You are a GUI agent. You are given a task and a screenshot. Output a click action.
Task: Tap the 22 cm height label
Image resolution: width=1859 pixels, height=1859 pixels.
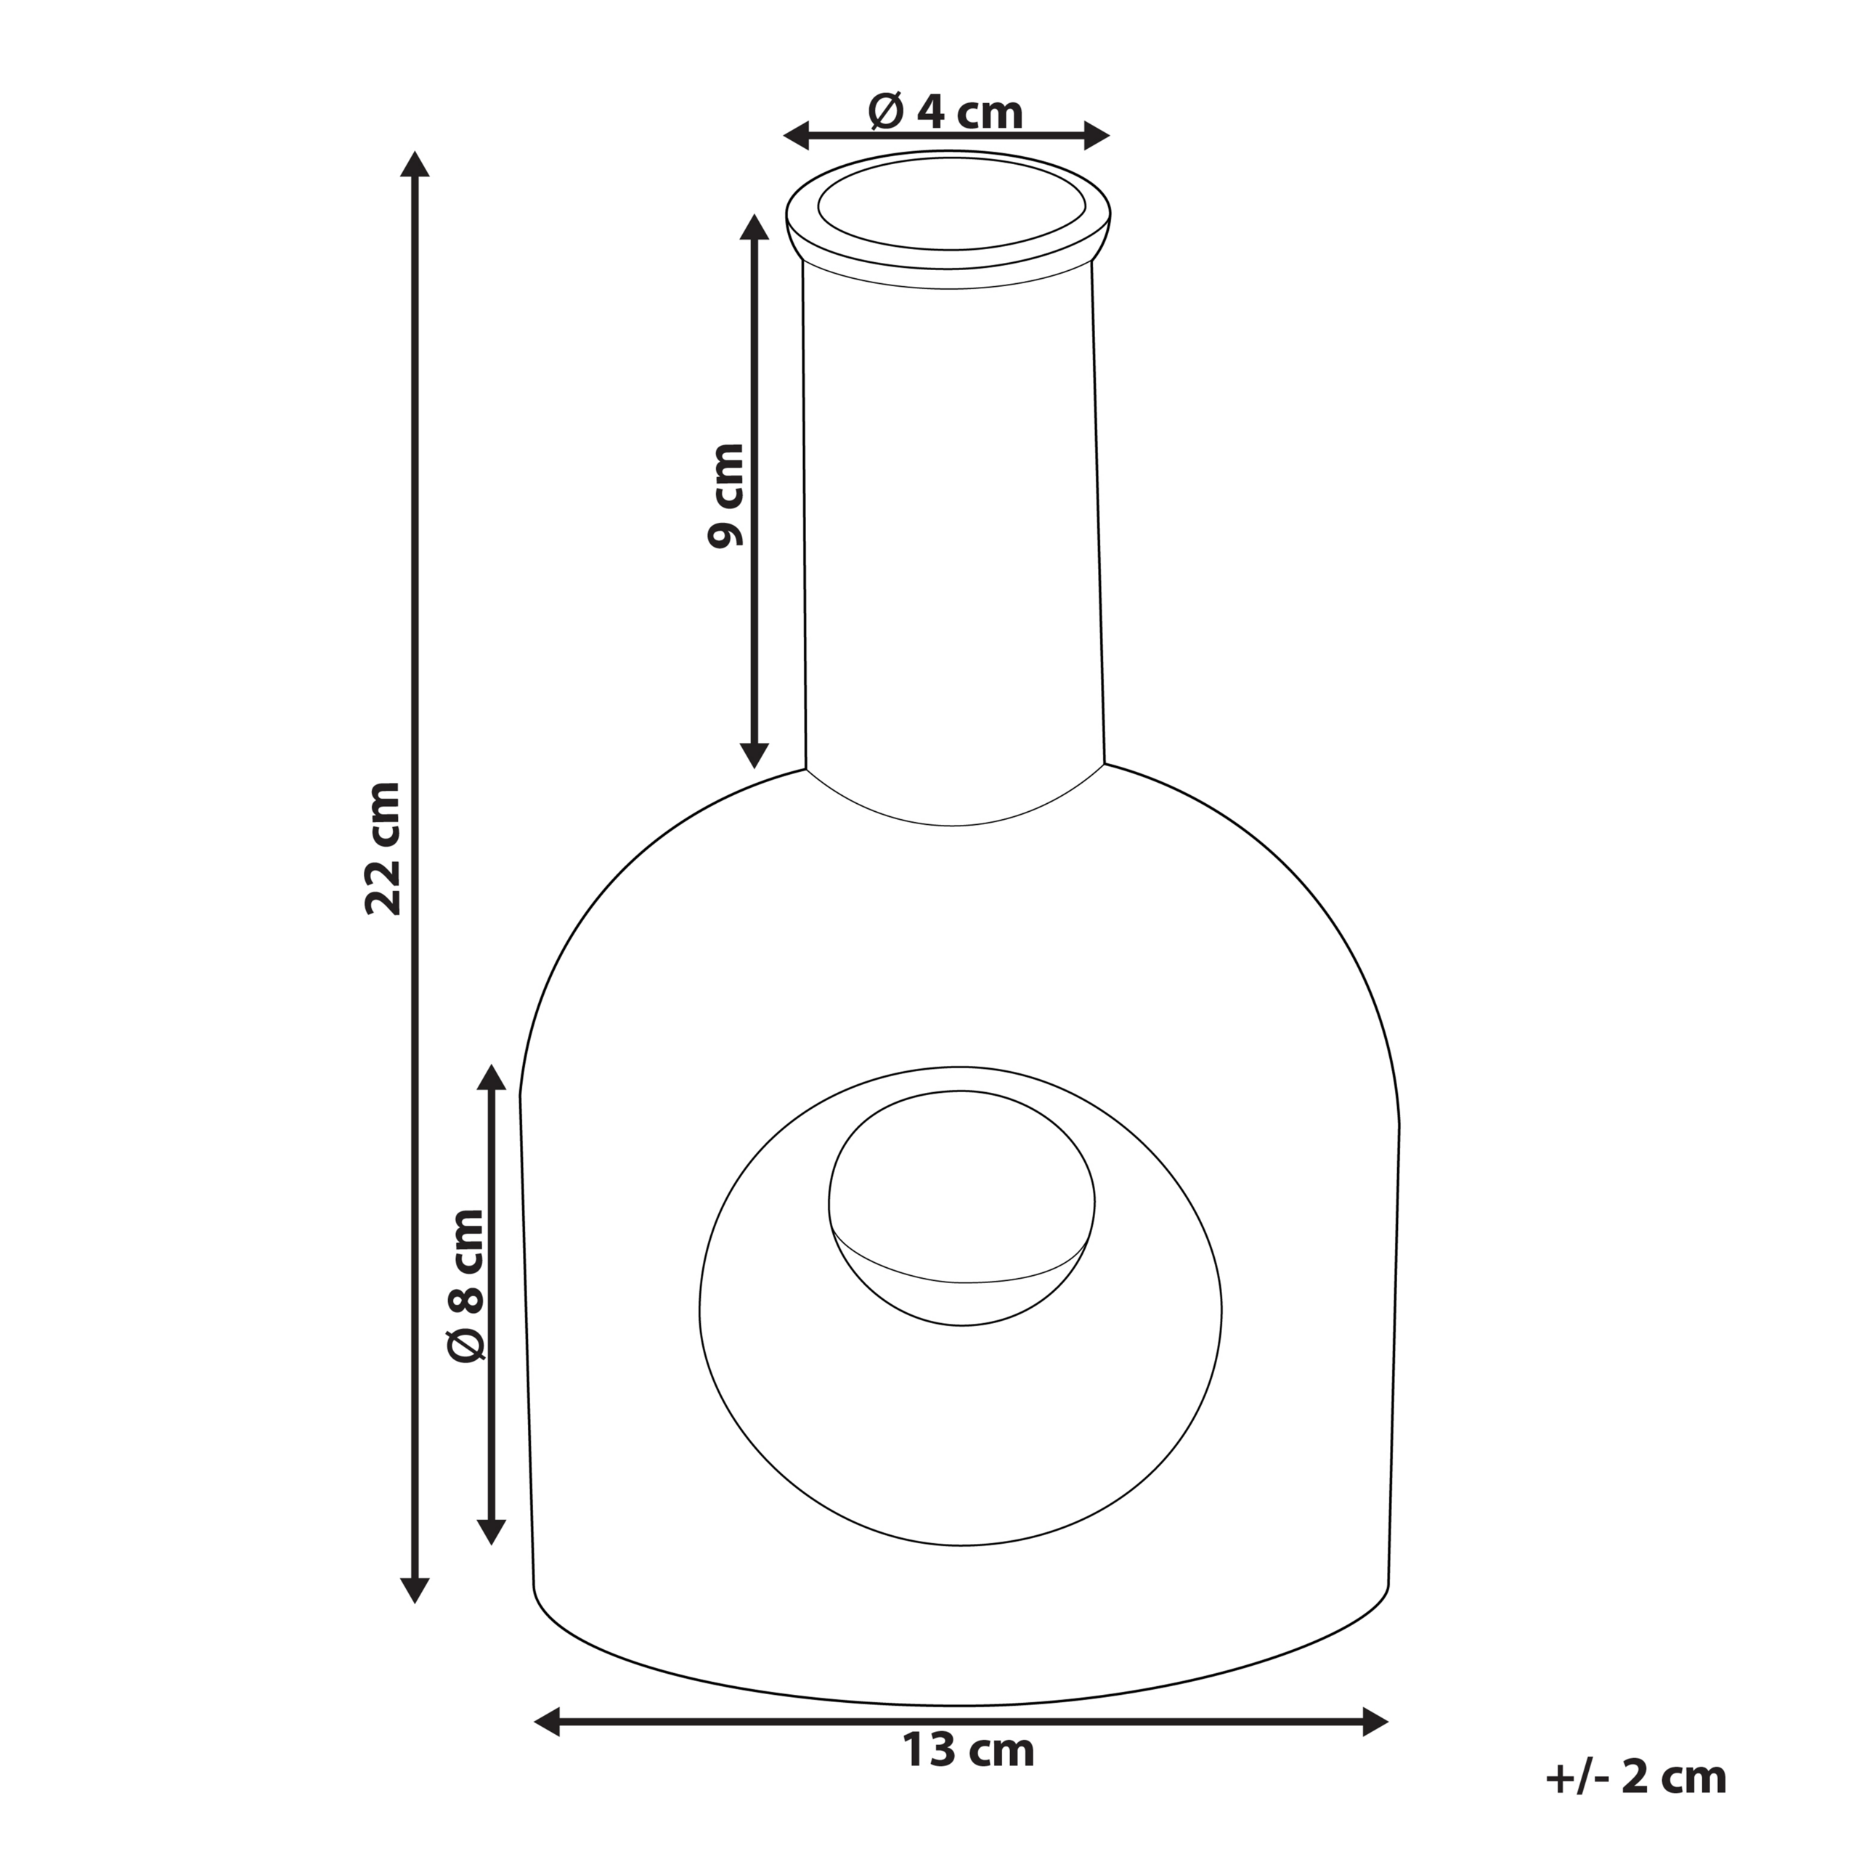click(x=384, y=847)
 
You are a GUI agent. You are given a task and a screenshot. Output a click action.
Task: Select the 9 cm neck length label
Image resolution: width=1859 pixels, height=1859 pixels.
click(x=725, y=495)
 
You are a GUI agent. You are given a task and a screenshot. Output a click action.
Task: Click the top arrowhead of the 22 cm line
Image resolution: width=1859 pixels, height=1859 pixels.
click(x=415, y=166)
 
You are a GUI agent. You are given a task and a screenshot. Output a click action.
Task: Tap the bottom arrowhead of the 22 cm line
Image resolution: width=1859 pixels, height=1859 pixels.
click(x=415, y=1587)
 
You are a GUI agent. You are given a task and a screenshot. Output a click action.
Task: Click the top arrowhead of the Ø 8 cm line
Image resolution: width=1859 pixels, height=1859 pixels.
click(x=492, y=1078)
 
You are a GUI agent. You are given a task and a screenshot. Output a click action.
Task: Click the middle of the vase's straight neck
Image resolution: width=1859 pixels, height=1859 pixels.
click(x=951, y=520)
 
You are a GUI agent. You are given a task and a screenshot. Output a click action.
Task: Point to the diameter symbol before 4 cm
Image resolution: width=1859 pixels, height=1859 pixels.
click(x=886, y=113)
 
